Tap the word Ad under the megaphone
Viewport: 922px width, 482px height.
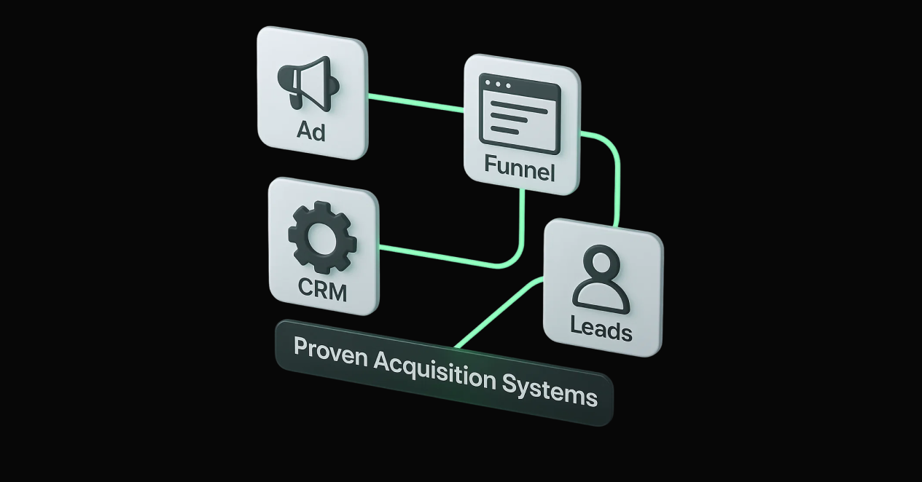click(311, 131)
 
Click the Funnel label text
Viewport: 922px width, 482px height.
click(520, 171)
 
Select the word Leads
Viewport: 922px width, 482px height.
click(601, 330)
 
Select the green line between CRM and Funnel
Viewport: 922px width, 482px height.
click(452, 258)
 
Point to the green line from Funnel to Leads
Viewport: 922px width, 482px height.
click(616, 175)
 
